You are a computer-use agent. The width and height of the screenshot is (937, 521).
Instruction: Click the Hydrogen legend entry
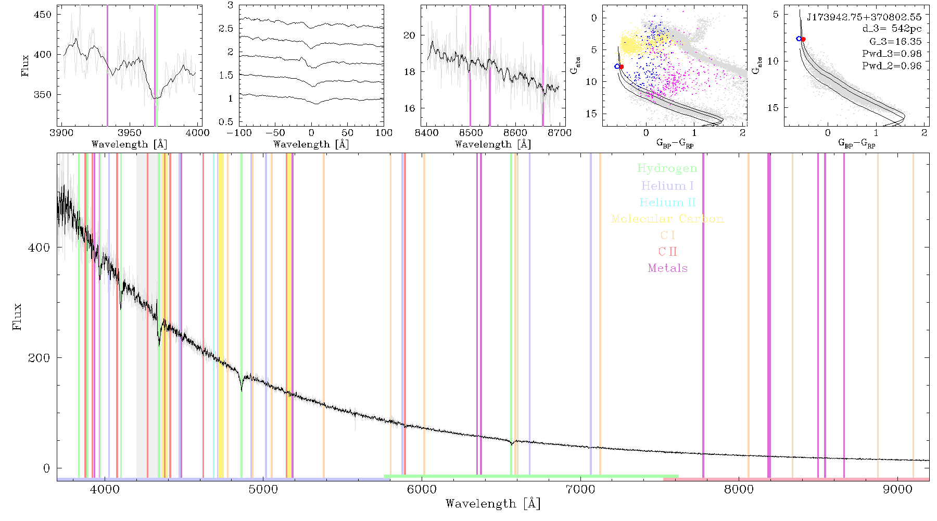click(667, 169)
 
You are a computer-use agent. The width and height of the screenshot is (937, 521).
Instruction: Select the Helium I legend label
click(667, 186)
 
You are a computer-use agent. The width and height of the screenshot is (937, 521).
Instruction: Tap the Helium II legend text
click(667, 203)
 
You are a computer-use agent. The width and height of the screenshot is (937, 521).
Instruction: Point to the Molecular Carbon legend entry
click(667, 219)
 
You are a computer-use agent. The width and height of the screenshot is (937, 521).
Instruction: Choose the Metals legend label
click(668, 268)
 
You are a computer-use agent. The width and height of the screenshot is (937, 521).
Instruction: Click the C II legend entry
click(668, 252)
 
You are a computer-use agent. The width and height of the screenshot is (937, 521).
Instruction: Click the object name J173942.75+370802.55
click(864, 17)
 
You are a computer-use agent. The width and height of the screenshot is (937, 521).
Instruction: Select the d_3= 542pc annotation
click(892, 29)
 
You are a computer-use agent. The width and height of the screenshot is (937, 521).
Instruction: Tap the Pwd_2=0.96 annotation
click(892, 66)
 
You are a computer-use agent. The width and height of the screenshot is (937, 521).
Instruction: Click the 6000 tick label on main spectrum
click(422, 490)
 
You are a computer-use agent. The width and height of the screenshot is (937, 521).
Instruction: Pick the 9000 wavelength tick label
click(897, 490)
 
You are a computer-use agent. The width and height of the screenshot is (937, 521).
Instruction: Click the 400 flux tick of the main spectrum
click(39, 248)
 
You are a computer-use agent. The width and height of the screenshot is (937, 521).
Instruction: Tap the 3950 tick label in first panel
click(130, 133)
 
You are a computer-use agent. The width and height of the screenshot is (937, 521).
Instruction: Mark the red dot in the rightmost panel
click(803, 39)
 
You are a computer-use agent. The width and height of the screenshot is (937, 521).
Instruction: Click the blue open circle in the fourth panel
click(617, 67)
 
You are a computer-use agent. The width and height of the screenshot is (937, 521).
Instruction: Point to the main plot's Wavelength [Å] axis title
click(493, 504)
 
